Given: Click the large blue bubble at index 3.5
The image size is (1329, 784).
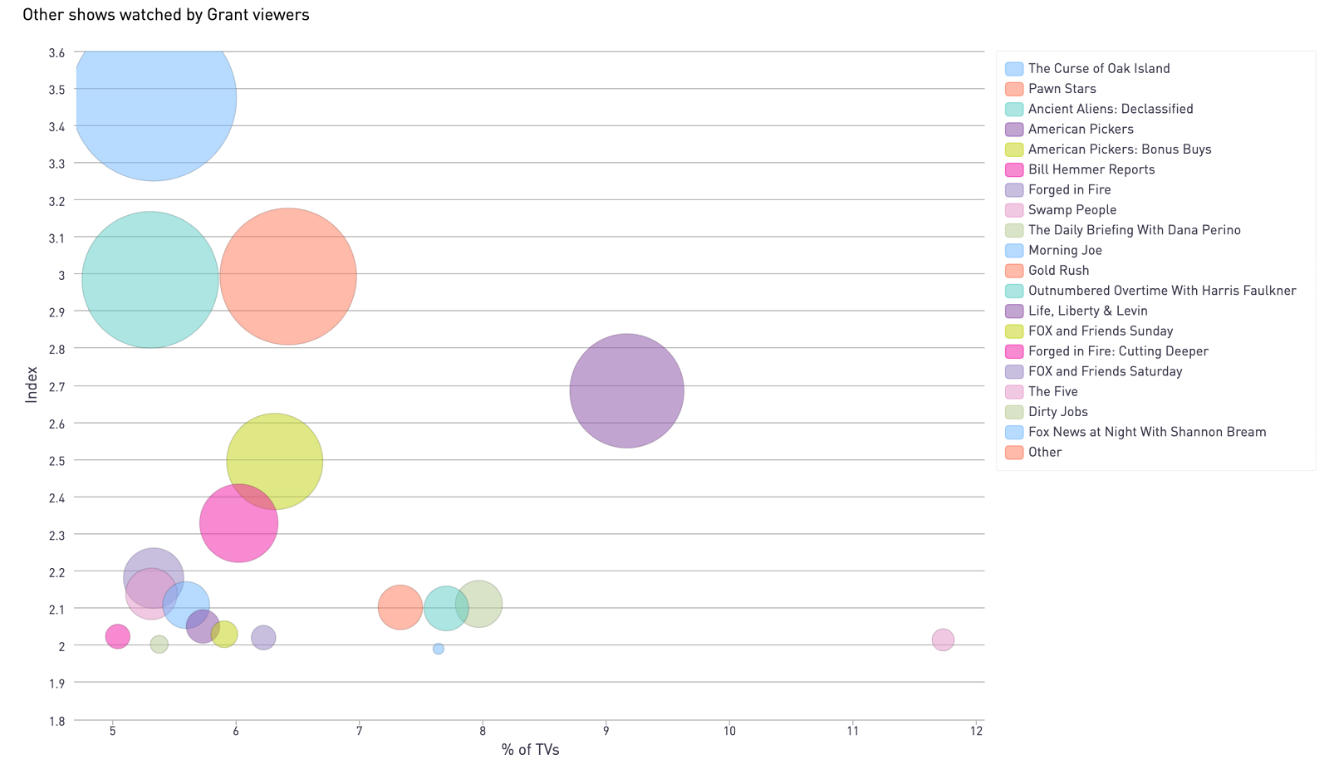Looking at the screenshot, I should tap(154, 98).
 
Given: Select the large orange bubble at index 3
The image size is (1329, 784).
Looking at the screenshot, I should tap(288, 276).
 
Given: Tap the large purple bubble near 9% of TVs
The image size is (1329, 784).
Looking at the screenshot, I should tap(627, 390).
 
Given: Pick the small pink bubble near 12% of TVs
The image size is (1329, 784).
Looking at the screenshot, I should tap(943, 639).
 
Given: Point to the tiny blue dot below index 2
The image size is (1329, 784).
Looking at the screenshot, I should tap(439, 649).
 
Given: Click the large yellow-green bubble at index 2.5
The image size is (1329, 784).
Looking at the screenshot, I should tap(274, 461).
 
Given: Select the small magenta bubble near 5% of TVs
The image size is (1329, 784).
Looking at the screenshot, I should tap(118, 636).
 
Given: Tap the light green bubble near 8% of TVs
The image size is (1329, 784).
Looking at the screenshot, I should tap(479, 604).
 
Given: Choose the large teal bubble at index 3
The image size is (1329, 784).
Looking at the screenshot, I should tap(150, 280).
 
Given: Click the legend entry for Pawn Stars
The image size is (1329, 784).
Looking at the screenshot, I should tap(1062, 89).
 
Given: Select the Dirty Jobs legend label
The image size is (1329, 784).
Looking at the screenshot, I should tap(1057, 412).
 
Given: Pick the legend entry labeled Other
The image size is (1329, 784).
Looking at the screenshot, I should tap(1044, 452).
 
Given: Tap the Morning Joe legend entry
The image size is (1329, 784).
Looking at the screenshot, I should tap(1065, 250).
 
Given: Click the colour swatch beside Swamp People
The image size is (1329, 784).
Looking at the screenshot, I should tap(1014, 210).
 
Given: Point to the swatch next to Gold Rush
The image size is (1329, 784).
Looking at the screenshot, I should tap(1014, 271).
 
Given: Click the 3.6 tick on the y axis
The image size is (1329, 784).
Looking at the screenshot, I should tap(56, 52).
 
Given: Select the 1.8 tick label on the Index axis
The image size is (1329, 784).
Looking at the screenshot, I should tap(56, 721).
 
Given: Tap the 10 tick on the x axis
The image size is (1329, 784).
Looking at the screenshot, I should tap(729, 731).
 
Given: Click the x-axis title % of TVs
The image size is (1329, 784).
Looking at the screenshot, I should tap(531, 749).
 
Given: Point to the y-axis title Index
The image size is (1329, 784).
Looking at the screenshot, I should tap(32, 384).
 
